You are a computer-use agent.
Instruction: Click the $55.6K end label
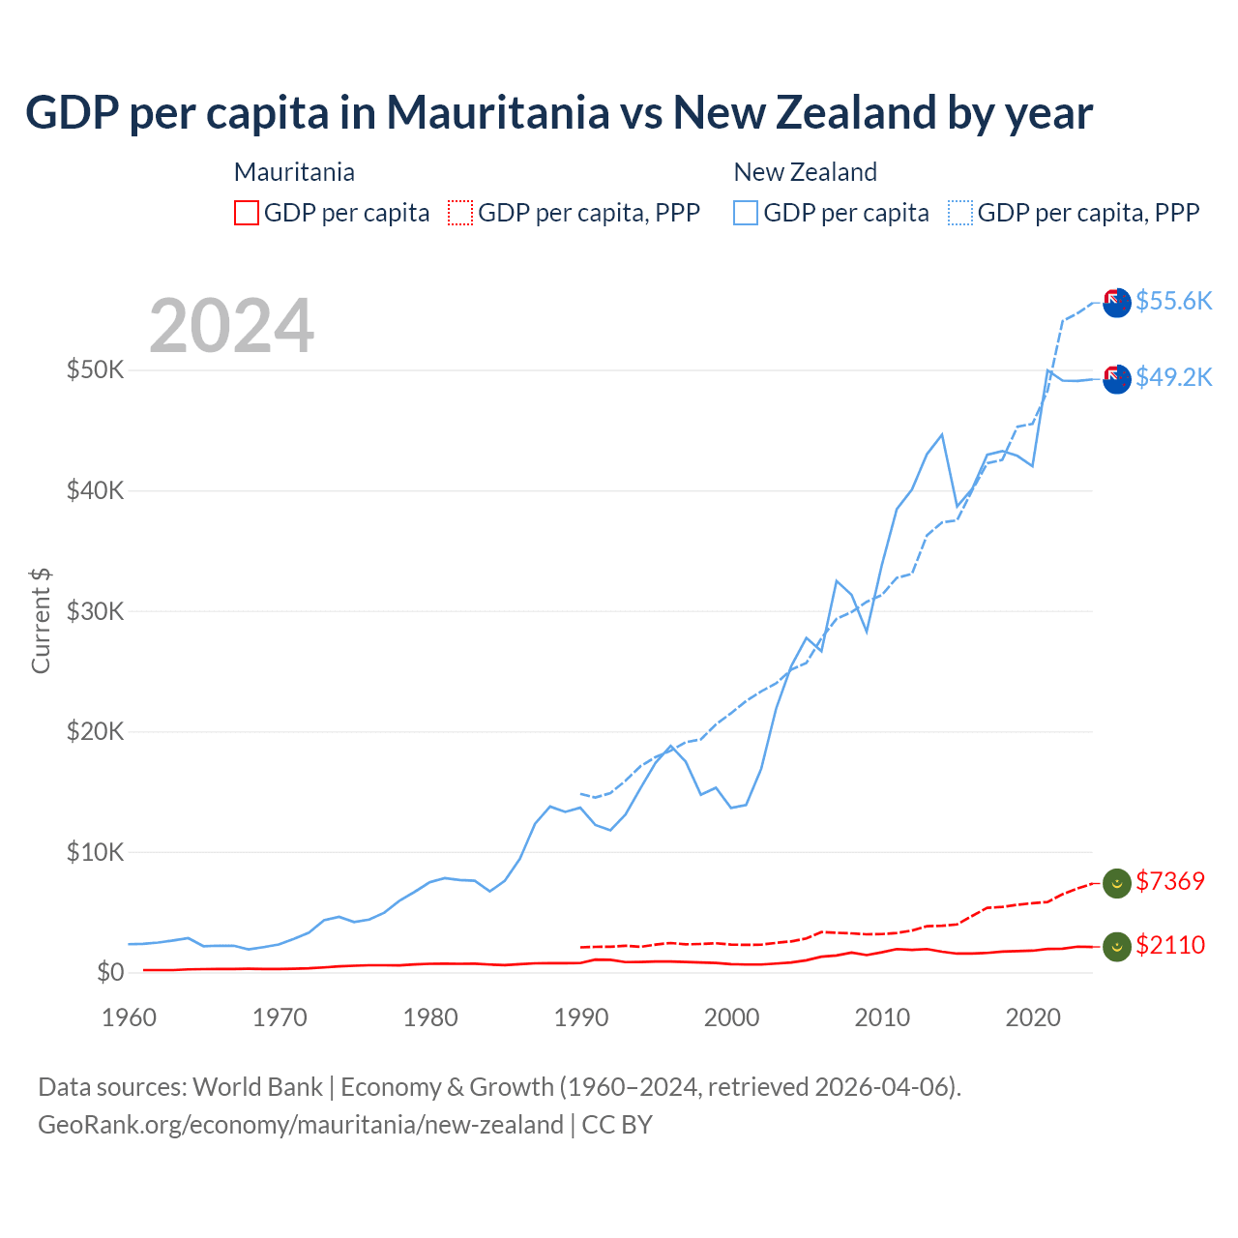tap(1173, 301)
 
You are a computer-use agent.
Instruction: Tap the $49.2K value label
tap(1173, 377)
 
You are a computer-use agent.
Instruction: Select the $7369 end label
tap(1170, 881)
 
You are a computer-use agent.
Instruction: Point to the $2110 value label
tap(1170, 945)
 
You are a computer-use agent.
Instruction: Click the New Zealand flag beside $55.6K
tap(1117, 303)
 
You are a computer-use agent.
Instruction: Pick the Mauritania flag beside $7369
tap(1117, 883)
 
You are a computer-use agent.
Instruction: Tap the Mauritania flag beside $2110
tap(1117, 947)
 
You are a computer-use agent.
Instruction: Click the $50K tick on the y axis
tap(95, 370)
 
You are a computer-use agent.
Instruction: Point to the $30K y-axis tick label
tap(95, 611)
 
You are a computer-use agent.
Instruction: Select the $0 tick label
tap(109, 972)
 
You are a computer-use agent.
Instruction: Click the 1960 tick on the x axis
tap(129, 1017)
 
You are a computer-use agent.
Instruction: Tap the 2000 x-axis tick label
tap(732, 1017)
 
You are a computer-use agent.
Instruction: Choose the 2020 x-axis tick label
tap(1033, 1017)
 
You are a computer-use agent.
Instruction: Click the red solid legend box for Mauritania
tap(247, 213)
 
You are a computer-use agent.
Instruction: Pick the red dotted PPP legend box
tap(460, 213)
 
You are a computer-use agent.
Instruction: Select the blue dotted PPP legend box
tap(960, 213)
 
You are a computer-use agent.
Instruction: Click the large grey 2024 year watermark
tap(232, 326)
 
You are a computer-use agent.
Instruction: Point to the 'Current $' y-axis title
tap(41, 621)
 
